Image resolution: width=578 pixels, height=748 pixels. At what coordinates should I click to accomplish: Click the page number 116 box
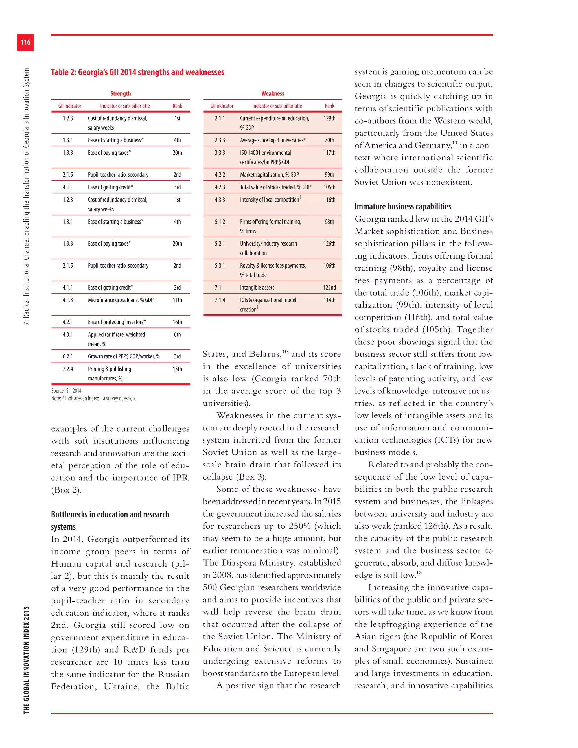click(25, 42)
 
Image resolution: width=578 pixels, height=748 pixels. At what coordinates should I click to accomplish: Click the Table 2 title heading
click(137, 72)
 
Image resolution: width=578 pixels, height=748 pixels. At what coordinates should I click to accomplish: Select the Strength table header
click(121, 93)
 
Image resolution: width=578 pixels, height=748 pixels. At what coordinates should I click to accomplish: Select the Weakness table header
click(273, 93)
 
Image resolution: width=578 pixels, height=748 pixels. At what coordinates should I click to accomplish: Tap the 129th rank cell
click(329, 118)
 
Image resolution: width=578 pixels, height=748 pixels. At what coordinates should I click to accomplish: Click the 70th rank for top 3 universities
click(329, 140)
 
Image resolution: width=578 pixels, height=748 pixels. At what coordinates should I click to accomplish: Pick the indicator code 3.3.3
click(220, 153)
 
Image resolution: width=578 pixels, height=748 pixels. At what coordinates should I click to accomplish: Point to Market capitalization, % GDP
click(269, 175)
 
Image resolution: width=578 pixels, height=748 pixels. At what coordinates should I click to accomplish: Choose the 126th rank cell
click(329, 244)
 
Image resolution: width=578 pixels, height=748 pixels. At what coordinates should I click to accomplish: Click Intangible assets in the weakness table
click(257, 288)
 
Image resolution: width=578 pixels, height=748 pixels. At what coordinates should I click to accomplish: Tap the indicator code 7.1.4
click(220, 300)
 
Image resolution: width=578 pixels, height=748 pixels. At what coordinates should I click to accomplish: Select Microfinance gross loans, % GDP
click(121, 300)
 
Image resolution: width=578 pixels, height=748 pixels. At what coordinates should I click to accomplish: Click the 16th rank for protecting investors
click(177, 322)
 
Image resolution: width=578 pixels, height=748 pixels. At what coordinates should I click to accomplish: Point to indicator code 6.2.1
click(68, 356)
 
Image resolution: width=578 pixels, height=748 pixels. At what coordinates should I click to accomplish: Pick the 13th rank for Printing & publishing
click(177, 369)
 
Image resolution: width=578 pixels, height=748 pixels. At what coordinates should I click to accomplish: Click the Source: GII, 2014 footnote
click(67, 391)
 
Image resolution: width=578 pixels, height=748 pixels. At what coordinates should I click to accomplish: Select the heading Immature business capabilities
click(403, 207)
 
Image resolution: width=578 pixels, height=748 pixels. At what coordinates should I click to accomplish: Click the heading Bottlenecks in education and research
click(110, 514)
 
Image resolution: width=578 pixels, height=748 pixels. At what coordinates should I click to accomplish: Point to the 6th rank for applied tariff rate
click(177, 334)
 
